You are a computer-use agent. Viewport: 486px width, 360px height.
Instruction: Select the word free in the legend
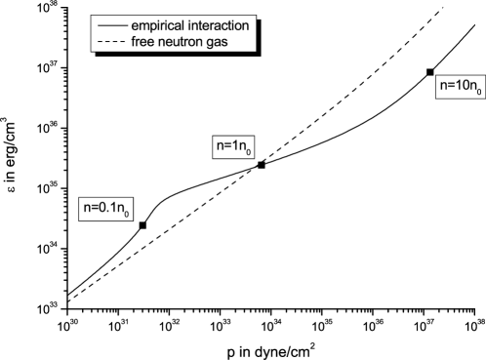tap(142, 41)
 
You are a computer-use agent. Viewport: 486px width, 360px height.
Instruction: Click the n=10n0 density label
tap(460, 87)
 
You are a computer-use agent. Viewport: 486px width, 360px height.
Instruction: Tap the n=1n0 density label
tap(239, 147)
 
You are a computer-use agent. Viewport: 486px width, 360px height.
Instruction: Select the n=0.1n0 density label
tap(105, 209)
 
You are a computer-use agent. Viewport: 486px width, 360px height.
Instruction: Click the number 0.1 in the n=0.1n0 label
tap(107, 208)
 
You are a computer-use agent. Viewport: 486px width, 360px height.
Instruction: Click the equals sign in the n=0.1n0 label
tap(94, 208)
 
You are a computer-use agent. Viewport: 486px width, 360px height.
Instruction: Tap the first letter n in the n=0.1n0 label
tap(86, 208)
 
